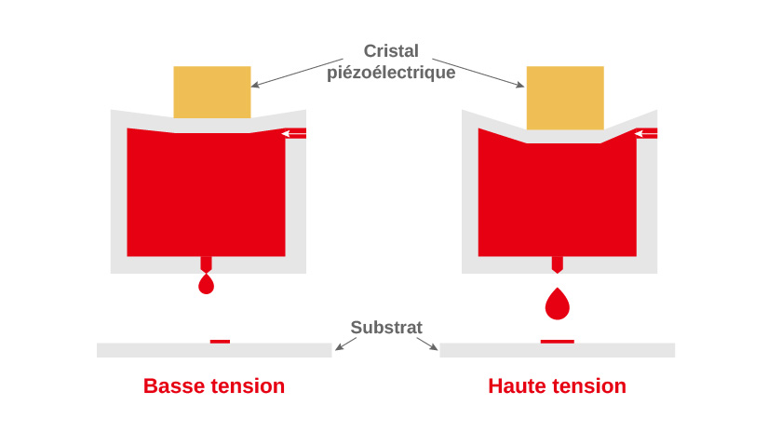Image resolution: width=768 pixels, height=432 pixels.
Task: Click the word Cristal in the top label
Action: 391,51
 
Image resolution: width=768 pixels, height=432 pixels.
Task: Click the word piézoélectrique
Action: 391,73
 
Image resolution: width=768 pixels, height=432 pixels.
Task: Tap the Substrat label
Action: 386,328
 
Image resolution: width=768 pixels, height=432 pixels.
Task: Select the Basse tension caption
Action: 214,385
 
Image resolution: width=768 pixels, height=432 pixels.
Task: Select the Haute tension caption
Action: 557,385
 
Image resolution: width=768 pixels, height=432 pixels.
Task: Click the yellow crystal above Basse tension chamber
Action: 212,91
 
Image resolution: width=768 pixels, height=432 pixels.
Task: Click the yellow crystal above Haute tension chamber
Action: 565,97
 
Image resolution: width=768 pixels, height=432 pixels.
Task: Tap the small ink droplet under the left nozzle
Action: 207,285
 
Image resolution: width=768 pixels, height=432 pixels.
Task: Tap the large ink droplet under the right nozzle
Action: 558,304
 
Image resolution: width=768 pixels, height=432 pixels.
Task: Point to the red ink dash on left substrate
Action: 220,342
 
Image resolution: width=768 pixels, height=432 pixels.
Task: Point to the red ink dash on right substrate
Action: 558,342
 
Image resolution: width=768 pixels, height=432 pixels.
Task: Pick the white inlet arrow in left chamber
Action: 294,134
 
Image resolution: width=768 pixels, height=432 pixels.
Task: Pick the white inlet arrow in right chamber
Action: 646,134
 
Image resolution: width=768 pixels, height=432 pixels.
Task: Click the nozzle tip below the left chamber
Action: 207,265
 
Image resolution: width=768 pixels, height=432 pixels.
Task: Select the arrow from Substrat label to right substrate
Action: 427,344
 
